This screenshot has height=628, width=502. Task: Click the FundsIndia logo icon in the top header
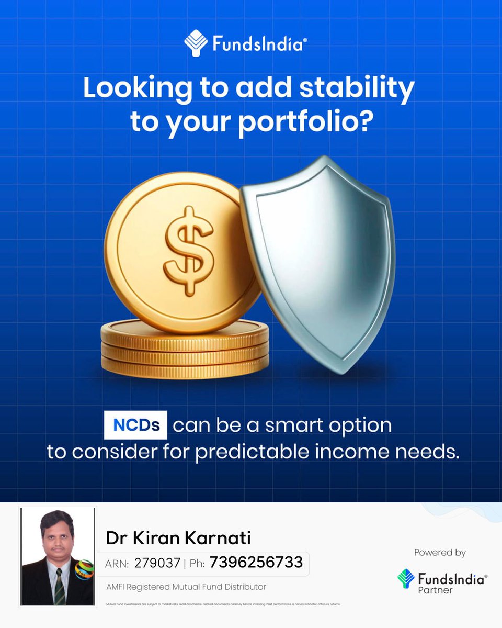[196, 43]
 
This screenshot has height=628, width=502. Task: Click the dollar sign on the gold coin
[188, 250]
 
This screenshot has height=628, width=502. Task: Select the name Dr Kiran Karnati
[178, 537]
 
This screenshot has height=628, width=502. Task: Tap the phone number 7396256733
[256, 563]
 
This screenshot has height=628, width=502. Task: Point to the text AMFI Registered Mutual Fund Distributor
[186, 587]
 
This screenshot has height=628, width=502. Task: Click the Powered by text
[440, 553]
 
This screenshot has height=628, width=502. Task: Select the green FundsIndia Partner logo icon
[406, 578]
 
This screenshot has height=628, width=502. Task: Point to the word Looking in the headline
[138, 89]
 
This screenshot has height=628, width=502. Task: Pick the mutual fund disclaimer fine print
[223, 604]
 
